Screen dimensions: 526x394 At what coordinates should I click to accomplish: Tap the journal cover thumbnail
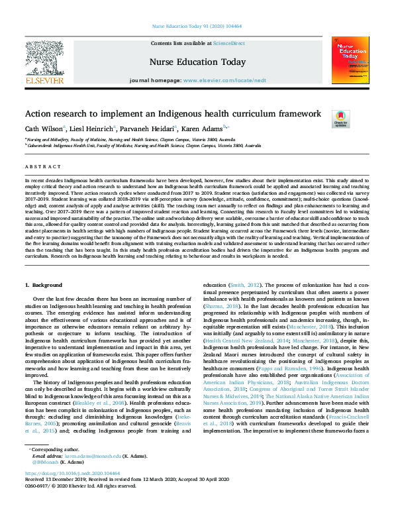[350, 60]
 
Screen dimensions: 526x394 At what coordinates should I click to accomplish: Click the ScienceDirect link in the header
[228, 42]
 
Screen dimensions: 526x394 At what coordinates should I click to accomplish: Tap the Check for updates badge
[359, 119]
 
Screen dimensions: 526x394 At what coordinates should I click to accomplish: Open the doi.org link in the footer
[72, 473]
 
